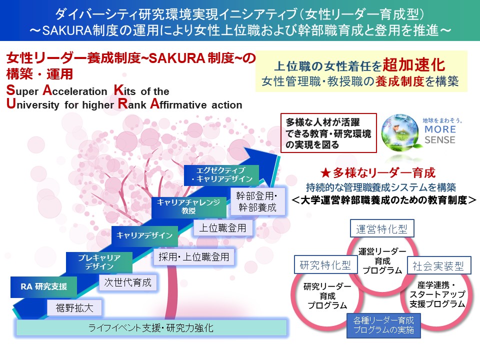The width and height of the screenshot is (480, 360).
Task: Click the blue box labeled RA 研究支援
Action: pos(43,286)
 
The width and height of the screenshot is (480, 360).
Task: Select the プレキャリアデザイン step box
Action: pos(99,262)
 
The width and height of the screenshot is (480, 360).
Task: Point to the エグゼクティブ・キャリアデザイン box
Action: pos(221,174)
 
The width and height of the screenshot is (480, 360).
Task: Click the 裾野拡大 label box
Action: pos(74,306)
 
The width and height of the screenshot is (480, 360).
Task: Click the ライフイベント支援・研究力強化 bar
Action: pos(151,328)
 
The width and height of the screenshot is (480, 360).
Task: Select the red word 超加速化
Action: pos(413,65)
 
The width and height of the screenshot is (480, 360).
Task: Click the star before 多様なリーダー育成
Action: pos(325,173)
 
